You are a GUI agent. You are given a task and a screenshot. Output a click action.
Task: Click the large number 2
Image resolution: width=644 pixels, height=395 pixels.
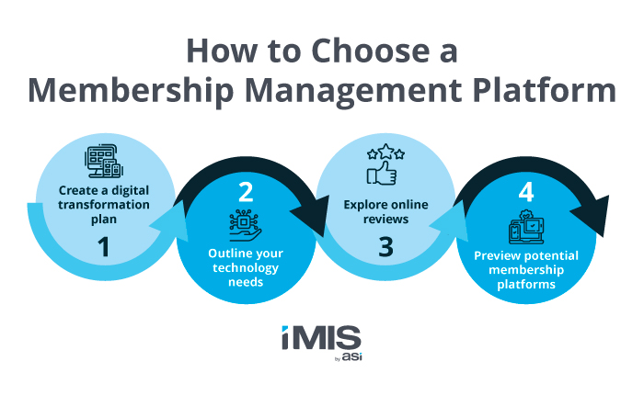245,191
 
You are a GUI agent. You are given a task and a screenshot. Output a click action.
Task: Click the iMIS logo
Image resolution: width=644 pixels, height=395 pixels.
321,341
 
